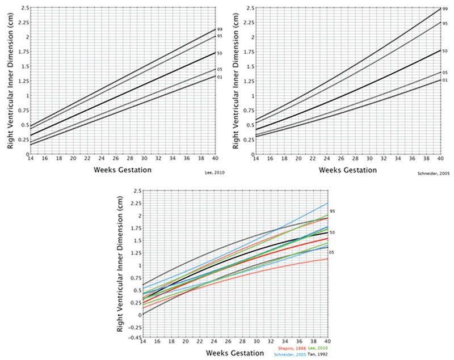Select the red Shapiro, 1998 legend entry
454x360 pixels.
point(293,347)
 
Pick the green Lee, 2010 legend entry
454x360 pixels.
point(320,347)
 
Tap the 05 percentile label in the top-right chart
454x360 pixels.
point(444,72)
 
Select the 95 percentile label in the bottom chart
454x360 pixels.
point(333,211)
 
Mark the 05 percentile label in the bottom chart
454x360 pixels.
point(333,252)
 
